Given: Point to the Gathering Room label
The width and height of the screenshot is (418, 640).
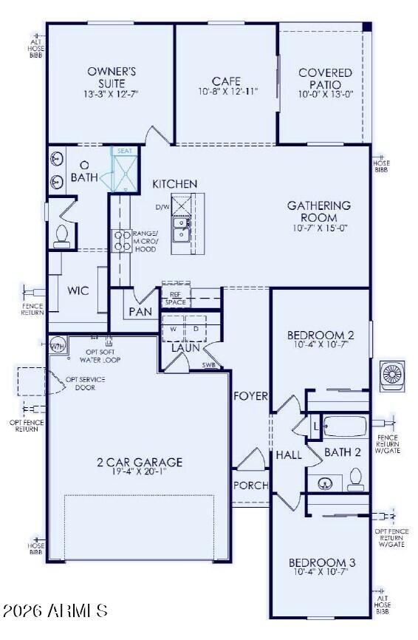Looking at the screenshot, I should [x=319, y=211].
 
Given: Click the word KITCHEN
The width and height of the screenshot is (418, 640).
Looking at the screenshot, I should [x=175, y=183].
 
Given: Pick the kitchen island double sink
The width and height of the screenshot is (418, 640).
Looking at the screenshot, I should [x=180, y=230].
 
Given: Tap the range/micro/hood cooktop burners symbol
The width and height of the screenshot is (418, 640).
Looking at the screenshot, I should [x=120, y=242].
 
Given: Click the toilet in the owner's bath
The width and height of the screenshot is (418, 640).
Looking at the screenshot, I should [x=61, y=234].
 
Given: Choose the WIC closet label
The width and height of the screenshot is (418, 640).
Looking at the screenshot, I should [x=78, y=291].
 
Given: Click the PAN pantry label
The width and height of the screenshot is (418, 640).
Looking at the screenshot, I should [x=140, y=312].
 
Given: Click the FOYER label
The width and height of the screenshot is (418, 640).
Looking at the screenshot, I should [x=250, y=396].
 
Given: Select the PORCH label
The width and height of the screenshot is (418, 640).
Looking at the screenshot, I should [x=250, y=486].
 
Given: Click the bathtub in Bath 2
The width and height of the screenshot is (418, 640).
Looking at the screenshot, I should [x=345, y=428].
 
